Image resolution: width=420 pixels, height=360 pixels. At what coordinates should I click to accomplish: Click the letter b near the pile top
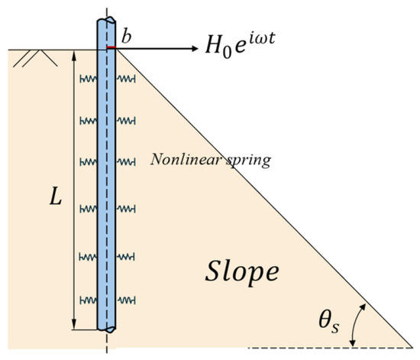click(127, 37)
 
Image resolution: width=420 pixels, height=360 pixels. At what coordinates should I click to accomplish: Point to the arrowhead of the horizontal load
click(195, 48)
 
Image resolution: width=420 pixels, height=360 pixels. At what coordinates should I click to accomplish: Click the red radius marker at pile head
click(111, 47)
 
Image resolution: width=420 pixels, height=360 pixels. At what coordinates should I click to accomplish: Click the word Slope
click(242, 272)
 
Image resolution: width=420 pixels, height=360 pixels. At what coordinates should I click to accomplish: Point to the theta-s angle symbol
click(328, 322)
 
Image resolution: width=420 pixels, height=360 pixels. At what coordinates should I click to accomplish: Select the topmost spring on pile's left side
click(88, 79)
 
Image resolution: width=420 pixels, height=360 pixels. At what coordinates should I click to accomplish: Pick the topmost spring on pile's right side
click(126, 79)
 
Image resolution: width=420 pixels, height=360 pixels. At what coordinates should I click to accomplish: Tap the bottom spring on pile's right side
click(126, 300)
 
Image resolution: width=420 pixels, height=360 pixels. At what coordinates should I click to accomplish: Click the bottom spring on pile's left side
click(88, 300)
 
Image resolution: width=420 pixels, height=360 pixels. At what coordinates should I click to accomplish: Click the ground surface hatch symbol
click(35, 58)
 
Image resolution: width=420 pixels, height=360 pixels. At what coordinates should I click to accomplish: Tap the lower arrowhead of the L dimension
click(74, 325)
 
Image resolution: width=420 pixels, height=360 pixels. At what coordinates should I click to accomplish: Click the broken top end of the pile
click(106, 21)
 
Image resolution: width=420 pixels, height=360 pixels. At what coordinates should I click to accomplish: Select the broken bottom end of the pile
click(106, 329)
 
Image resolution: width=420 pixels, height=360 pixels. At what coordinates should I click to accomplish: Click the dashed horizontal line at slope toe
click(330, 348)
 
